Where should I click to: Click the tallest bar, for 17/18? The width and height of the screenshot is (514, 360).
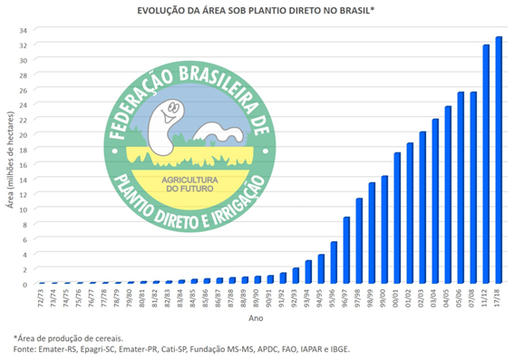pos(499,161)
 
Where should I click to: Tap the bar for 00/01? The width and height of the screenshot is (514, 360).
pos(397,219)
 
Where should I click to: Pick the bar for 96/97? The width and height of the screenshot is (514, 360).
pos(346,250)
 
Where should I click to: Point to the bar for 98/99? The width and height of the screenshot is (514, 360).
pos(372,233)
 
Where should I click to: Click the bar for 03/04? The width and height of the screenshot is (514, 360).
pos(435,201)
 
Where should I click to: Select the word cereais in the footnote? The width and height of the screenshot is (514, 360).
pos(103,336)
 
